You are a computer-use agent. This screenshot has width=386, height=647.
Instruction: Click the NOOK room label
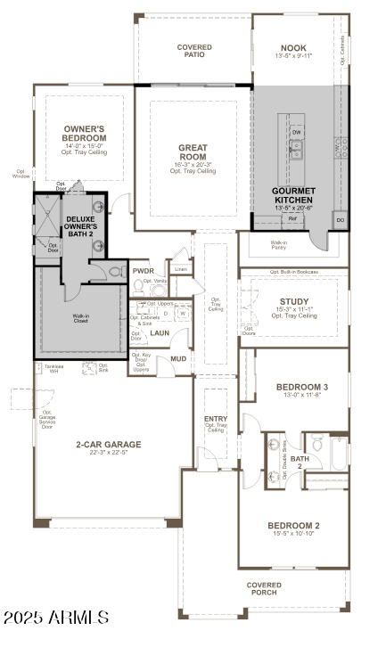(292, 50)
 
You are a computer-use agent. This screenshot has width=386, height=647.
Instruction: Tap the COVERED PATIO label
(194, 50)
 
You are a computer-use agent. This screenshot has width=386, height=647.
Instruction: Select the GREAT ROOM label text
(193, 152)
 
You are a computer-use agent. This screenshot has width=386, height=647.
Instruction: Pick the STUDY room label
(294, 301)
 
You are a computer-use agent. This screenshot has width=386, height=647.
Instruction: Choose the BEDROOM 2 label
(294, 526)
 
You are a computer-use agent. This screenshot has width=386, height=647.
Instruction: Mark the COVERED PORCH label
(263, 588)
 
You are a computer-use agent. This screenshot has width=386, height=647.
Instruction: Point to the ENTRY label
(216, 419)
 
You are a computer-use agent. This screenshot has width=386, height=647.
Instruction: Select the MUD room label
(178, 359)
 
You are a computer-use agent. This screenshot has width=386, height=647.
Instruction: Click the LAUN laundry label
(160, 332)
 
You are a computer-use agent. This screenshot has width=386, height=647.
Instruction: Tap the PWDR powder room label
(144, 271)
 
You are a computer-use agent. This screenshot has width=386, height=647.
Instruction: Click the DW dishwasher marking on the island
(297, 132)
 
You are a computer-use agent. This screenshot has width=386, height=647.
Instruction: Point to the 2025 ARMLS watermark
(55, 617)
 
